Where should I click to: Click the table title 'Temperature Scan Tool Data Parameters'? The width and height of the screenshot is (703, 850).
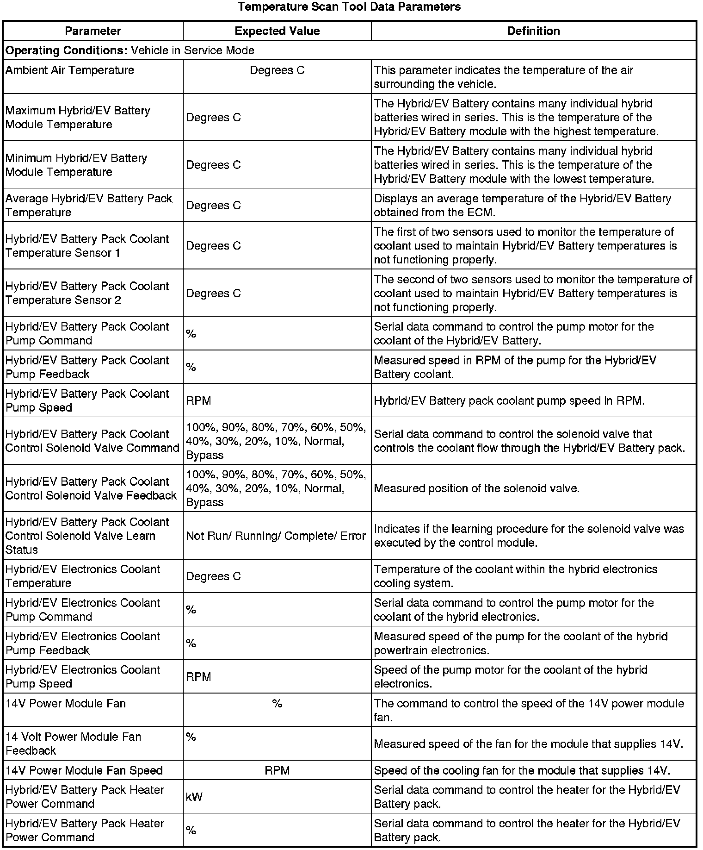[349, 7]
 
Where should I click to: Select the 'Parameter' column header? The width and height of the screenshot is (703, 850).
[93, 31]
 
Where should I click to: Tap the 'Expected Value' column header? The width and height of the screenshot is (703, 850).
[277, 31]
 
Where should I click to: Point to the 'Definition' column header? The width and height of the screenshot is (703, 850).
[533, 31]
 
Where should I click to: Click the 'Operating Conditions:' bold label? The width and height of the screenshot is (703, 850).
[66, 50]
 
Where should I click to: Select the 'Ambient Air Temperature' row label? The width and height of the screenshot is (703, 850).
[70, 70]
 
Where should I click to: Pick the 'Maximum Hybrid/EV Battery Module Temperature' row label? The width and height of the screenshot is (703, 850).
[78, 118]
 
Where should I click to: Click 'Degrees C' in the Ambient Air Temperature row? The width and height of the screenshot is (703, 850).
[277, 70]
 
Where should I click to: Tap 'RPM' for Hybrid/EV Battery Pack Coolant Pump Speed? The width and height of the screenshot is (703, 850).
[198, 400]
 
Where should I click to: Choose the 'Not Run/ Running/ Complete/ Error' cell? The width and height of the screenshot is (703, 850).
[276, 536]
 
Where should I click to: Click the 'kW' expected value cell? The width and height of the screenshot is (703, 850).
[194, 797]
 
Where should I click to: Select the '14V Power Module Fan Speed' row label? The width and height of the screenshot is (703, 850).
[84, 770]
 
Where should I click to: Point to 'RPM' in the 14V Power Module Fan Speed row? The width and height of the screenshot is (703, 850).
[277, 770]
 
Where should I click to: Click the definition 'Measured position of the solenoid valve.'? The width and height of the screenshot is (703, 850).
[476, 488]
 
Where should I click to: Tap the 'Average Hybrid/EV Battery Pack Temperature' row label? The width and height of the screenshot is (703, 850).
[88, 206]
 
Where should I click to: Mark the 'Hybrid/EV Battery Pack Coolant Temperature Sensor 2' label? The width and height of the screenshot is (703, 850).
[87, 293]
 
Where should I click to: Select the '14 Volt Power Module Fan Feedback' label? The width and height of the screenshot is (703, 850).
[73, 744]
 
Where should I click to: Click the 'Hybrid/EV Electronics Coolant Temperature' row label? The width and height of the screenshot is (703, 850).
[83, 576]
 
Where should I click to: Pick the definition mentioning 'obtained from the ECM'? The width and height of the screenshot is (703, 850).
[522, 206]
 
